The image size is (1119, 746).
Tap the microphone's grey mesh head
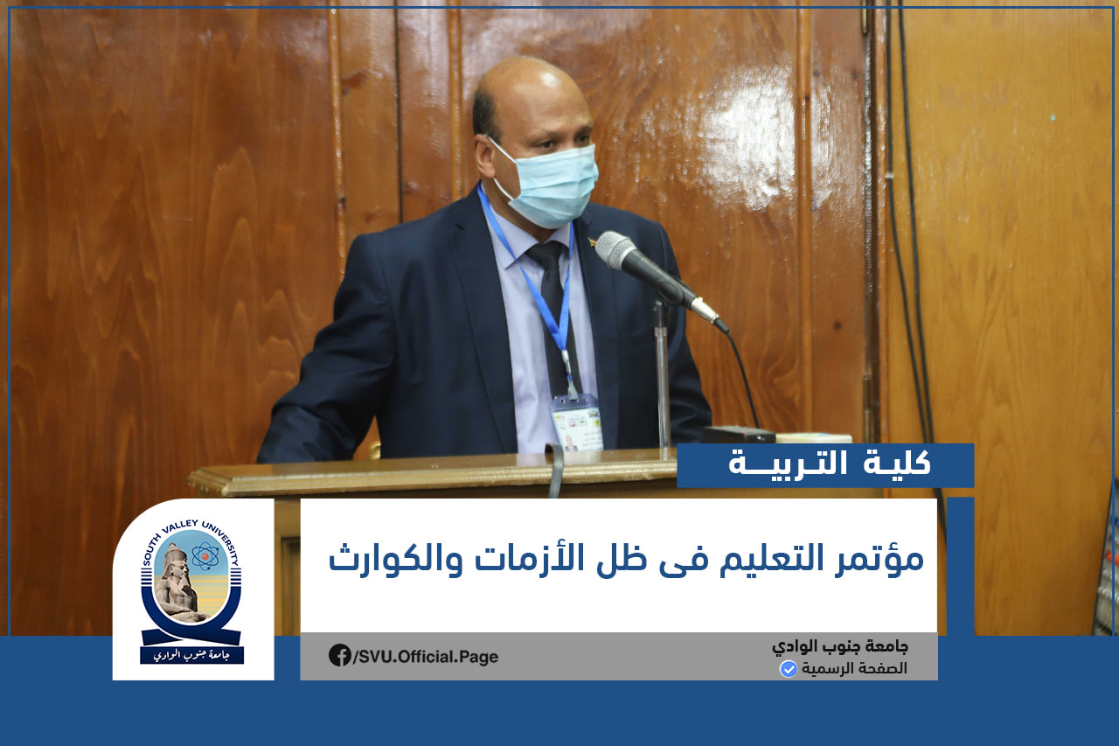(x=617, y=250)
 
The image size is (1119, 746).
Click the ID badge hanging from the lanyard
(x=577, y=422)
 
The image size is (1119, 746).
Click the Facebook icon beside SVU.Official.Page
(x=340, y=655)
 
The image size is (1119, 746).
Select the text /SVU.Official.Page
(x=426, y=657)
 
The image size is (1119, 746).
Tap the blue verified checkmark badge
(x=788, y=669)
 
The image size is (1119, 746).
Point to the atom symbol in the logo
(x=205, y=556)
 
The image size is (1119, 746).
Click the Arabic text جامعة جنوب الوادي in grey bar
(x=840, y=647)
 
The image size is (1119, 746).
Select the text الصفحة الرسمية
(x=854, y=668)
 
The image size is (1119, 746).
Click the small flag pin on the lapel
(x=592, y=242)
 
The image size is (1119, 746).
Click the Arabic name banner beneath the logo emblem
(x=191, y=655)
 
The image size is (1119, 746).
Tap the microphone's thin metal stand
(x=663, y=374)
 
